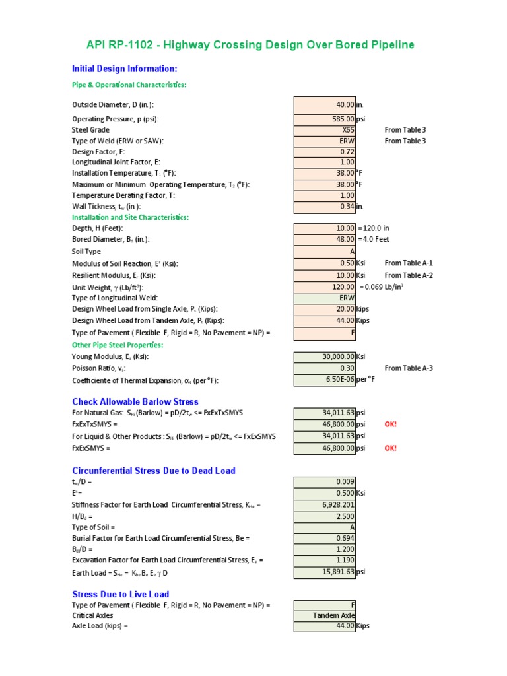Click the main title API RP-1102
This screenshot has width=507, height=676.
click(250, 45)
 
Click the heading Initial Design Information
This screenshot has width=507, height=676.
click(124, 69)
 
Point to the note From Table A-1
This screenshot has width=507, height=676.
click(409, 263)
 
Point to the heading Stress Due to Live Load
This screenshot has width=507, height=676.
click(120, 594)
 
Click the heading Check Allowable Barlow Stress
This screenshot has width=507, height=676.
click(135, 401)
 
